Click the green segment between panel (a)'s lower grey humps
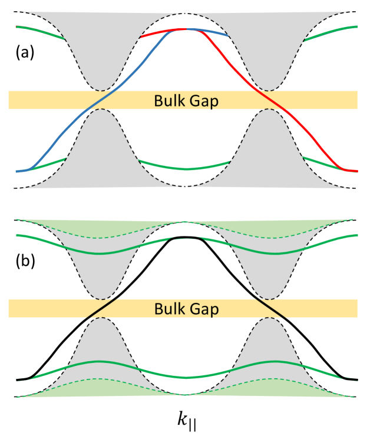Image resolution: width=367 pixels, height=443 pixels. tap(184, 168)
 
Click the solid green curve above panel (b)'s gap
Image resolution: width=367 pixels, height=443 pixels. tap(100, 253)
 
